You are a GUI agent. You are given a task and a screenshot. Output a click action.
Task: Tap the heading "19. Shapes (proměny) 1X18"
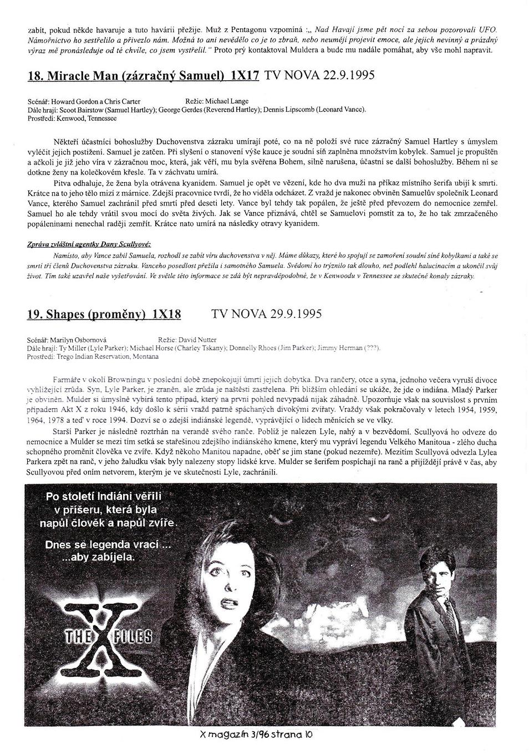point(104,314)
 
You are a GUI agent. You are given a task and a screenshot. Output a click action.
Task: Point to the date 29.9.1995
point(296,313)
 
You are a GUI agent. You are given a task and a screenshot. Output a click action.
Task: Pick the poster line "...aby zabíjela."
point(98,557)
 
